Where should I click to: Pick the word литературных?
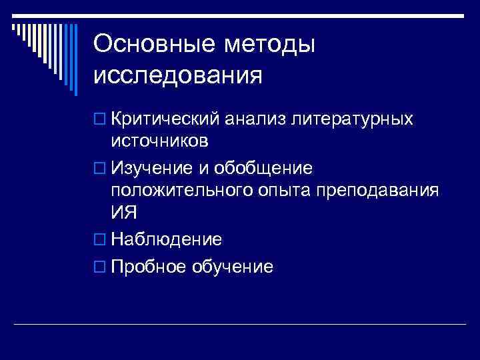click(354, 119)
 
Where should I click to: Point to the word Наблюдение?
click(167, 239)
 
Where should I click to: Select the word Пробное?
click(149, 267)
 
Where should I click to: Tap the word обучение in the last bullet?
click(233, 267)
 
